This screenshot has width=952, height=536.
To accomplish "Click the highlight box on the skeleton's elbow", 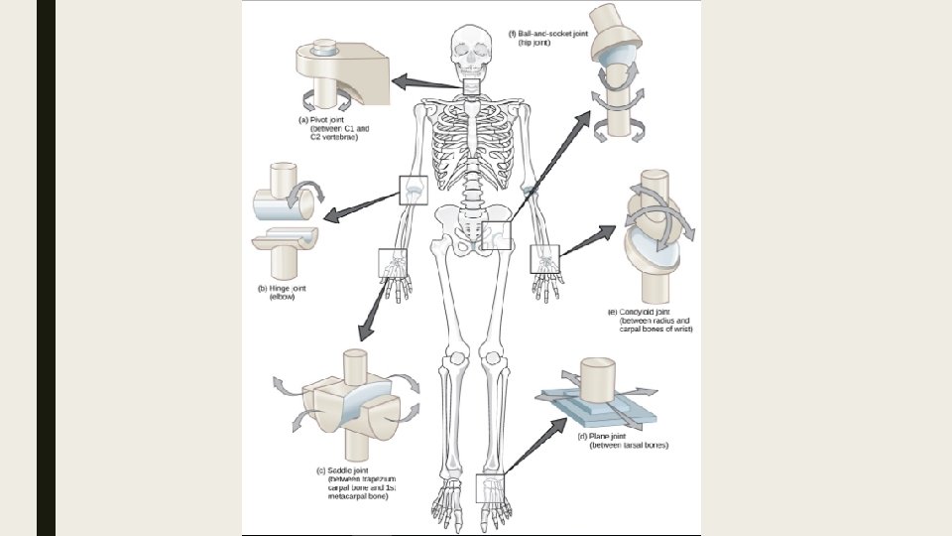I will point(412,190).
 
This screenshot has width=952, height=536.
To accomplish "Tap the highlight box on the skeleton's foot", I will point(490,488).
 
